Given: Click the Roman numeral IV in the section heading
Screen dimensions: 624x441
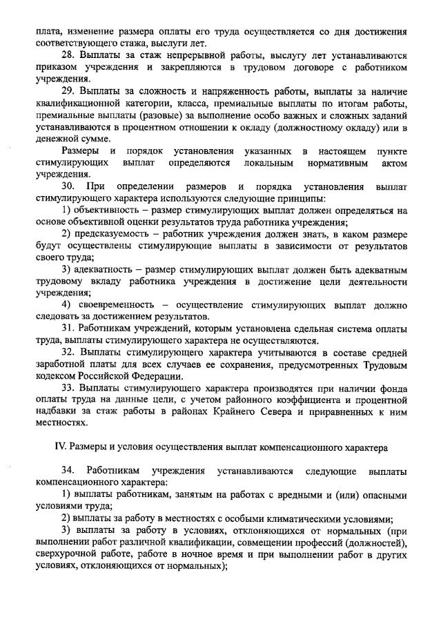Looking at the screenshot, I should click(x=60, y=447).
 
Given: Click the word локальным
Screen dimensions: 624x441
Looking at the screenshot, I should click(x=268, y=164).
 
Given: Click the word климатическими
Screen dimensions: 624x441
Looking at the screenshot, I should click(x=304, y=518).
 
